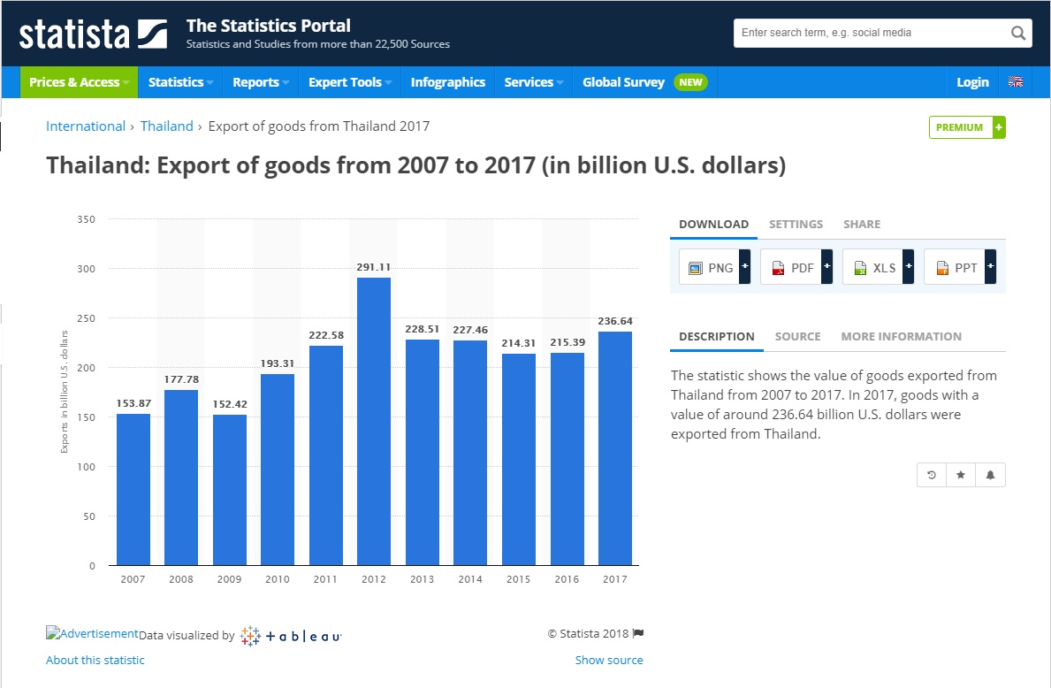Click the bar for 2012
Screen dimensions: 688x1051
click(374, 421)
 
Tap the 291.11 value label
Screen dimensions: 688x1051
click(374, 266)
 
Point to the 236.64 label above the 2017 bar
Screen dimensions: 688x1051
click(615, 321)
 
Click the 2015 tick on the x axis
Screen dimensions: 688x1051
click(519, 579)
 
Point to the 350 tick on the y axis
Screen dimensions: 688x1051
click(87, 218)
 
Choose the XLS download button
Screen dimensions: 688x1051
click(878, 267)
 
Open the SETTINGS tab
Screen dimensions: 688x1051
click(796, 225)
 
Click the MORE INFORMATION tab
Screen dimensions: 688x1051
click(901, 337)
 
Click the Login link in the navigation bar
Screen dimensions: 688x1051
click(972, 82)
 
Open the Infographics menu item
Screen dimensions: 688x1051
click(448, 82)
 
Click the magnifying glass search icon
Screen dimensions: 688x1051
click(1018, 34)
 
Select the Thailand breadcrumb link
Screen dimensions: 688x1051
click(167, 126)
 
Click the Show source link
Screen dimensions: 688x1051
click(609, 660)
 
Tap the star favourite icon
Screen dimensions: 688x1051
click(961, 475)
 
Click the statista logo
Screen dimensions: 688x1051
click(93, 34)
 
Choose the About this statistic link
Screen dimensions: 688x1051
click(95, 660)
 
